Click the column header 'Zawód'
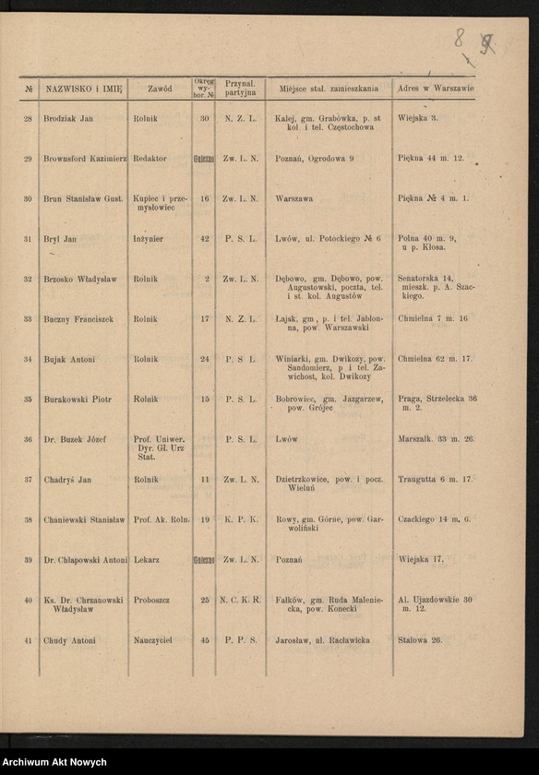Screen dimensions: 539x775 [x=160, y=89]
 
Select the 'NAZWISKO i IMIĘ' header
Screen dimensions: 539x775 [x=84, y=89]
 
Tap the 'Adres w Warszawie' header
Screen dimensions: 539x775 [x=435, y=89]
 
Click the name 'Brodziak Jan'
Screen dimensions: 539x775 [x=68, y=118]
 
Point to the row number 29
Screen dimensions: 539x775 [x=28, y=159]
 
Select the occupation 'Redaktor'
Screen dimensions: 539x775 [x=150, y=159]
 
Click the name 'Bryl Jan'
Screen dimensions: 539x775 [x=60, y=239]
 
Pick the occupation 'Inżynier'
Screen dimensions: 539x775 [x=148, y=239]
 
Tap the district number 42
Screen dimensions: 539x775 [x=204, y=239]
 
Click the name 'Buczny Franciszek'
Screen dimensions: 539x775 [x=78, y=319]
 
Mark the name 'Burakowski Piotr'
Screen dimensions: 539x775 [x=78, y=399]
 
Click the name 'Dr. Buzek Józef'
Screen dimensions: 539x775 [x=75, y=439]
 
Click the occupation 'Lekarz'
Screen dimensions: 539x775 [x=146, y=560]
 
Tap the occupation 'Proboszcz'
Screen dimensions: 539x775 [x=151, y=600]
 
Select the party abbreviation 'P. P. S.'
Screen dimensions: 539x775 [x=240, y=640]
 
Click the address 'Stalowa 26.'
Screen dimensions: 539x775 [x=420, y=640]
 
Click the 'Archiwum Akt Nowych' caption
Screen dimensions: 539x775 [x=54, y=763]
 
